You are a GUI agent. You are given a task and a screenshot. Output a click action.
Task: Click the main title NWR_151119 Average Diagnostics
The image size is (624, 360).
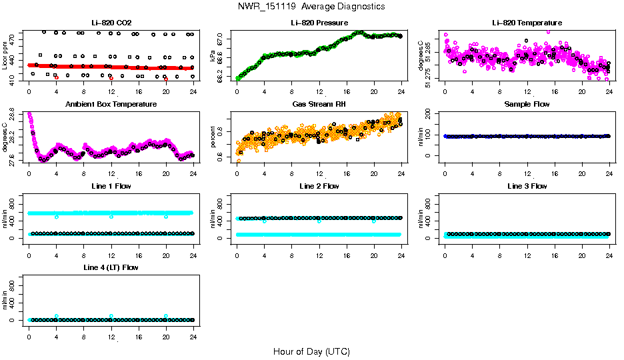coord(311,6)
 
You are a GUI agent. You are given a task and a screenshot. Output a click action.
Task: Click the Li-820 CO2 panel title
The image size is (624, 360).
coord(111,23)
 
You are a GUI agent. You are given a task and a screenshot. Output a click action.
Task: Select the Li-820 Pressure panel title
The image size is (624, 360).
coord(319,23)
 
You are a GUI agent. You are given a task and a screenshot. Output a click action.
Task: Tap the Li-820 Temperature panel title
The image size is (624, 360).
coord(527,23)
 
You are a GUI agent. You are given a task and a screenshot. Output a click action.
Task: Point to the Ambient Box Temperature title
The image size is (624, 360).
coord(111,105)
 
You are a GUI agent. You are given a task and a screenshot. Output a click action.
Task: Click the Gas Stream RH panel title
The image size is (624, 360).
coord(319,105)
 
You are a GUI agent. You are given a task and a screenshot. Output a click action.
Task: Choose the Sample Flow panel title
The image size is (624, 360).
coord(527,105)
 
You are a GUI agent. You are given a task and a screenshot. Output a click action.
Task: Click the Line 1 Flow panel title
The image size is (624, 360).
coord(111,186)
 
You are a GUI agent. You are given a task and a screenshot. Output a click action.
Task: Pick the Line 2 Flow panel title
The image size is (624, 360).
coord(319,186)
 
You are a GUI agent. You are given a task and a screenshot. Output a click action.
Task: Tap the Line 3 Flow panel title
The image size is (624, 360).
coord(527,186)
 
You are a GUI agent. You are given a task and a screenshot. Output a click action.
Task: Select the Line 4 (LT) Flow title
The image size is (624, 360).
coord(111,268)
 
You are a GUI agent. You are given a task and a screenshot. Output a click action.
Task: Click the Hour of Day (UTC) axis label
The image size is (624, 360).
coord(311,351)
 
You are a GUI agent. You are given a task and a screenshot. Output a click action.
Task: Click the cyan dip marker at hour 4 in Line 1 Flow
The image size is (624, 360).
coord(57,217)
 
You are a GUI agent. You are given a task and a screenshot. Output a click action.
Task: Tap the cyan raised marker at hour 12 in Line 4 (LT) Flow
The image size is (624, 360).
coord(111,316)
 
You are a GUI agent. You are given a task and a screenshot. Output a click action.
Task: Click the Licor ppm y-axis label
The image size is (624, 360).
coord(5,56)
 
